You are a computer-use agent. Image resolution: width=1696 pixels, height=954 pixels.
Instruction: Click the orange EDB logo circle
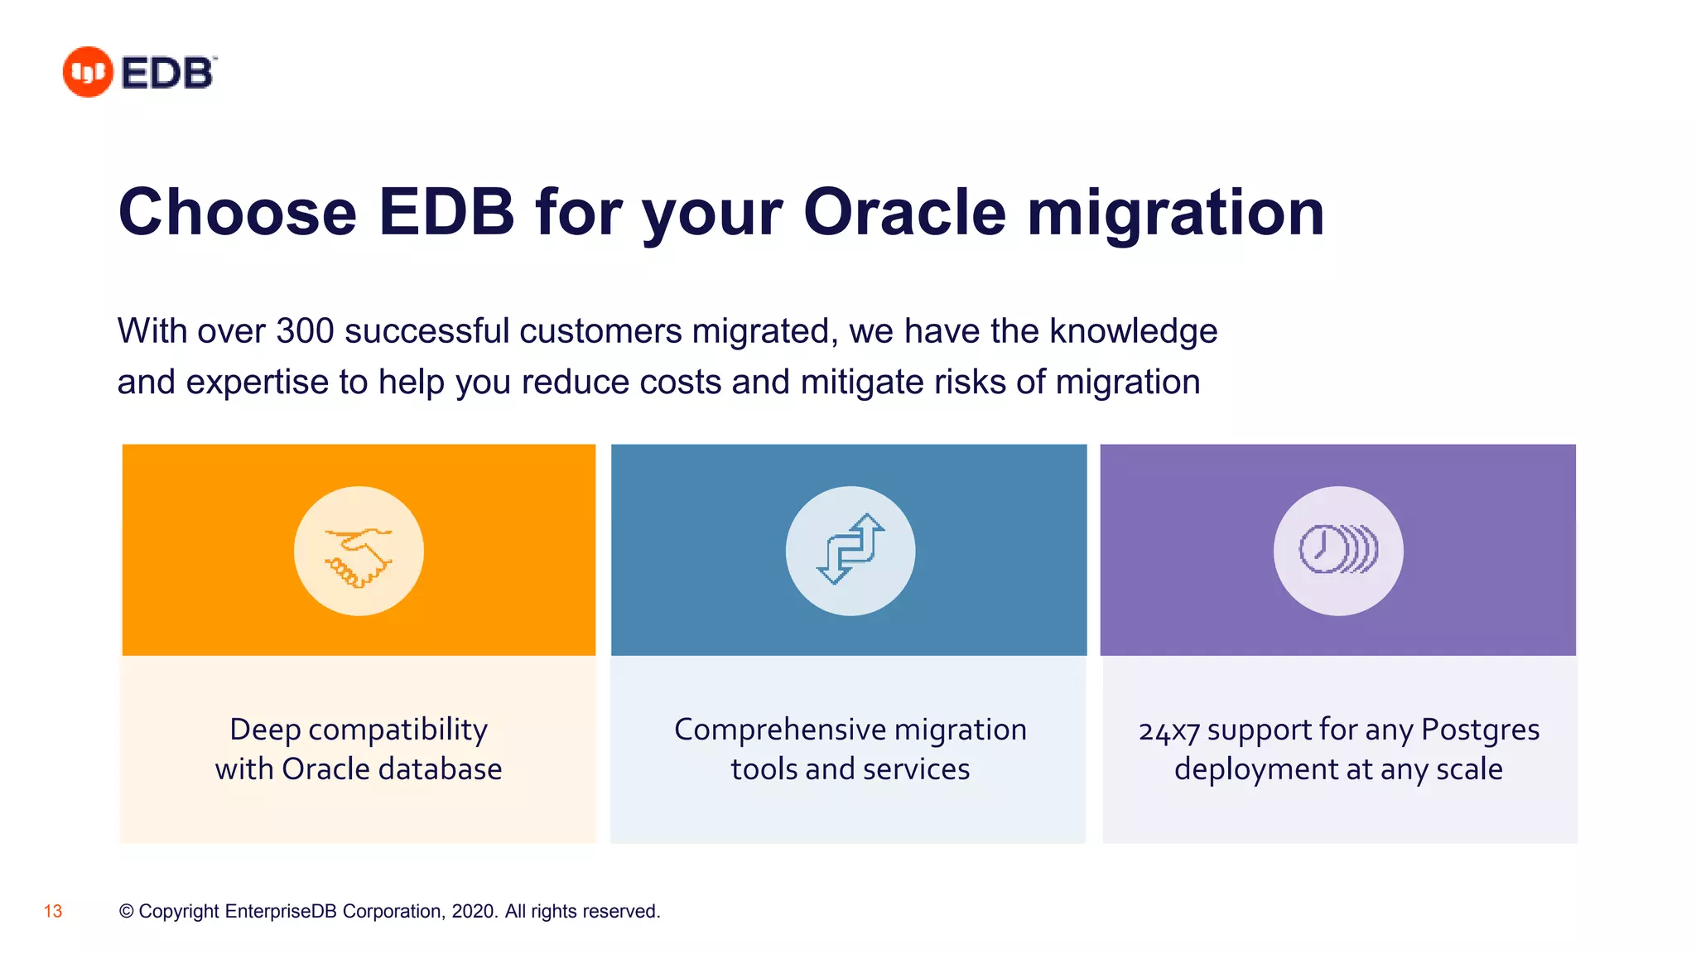[x=87, y=72]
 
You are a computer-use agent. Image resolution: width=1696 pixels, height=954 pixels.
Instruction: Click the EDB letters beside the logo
[x=168, y=73]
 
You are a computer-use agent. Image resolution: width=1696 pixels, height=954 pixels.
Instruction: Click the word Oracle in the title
[x=904, y=213]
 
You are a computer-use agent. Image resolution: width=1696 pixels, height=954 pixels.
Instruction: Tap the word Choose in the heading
[x=238, y=213]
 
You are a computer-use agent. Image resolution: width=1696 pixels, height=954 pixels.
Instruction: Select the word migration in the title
[x=1175, y=213]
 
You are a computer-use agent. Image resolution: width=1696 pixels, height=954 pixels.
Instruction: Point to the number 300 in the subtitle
[x=304, y=331]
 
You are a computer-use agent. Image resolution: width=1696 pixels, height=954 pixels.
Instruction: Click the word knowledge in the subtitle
[x=1133, y=331]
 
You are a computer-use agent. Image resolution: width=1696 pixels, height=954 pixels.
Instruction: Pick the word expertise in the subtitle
[x=258, y=383]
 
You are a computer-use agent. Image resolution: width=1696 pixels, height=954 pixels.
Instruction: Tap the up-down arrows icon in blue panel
[x=850, y=550]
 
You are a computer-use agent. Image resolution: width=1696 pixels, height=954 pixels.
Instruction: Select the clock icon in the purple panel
[x=1337, y=550]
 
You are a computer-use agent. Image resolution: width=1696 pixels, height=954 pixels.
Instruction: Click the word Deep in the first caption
[x=264, y=730]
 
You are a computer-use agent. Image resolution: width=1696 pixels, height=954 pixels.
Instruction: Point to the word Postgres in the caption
[x=1480, y=730]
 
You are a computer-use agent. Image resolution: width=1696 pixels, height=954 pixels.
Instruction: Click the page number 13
[x=53, y=912]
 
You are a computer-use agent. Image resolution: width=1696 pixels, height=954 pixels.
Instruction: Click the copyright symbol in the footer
[x=126, y=912]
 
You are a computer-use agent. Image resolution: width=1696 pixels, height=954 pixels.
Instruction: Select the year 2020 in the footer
[x=473, y=912]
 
